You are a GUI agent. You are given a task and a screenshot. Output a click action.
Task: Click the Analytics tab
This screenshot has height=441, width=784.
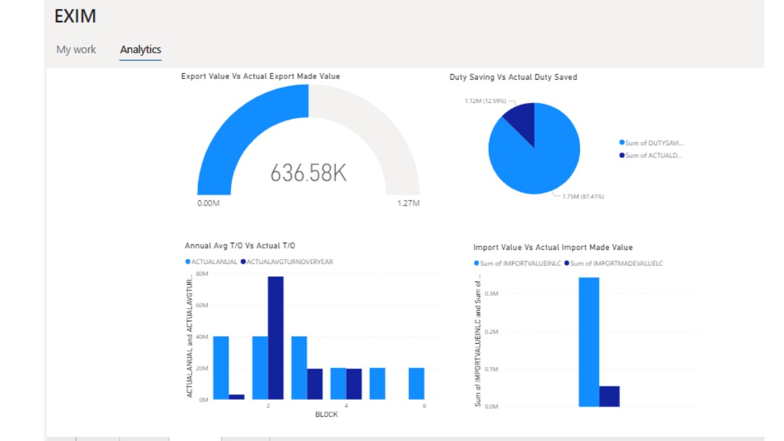pos(140,50)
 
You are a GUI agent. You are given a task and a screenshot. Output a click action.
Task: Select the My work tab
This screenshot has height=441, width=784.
pos(76,50)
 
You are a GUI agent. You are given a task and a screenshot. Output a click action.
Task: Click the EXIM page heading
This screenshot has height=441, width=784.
pos(75,17)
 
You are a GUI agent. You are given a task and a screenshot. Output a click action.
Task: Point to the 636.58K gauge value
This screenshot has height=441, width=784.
pos(308,173)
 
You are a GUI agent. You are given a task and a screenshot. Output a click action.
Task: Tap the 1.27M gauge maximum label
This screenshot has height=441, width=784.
pos(408,203)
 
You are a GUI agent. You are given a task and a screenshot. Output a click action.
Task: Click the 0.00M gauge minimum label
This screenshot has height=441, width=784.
pos(208,203)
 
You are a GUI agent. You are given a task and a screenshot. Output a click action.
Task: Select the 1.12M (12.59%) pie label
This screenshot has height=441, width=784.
pos(486,101)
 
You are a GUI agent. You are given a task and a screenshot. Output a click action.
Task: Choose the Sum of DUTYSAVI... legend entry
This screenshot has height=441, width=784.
pos(653,143)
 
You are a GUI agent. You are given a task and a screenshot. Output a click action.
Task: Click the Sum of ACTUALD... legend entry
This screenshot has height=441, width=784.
pos(653,156)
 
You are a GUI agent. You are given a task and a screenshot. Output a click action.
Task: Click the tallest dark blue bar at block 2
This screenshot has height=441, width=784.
pos(276,337)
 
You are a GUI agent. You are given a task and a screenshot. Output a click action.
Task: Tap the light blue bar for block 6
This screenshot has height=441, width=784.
pos(417,383)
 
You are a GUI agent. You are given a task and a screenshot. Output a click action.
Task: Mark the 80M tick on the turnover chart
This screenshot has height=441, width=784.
pos(202,274)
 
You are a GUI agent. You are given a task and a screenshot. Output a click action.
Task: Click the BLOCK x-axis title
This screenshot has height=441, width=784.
pos(326,414)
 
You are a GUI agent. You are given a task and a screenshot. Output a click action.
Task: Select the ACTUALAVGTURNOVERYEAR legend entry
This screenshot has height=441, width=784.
pos(289,262)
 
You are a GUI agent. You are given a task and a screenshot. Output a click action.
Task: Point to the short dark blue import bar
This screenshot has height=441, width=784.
pos(609,396)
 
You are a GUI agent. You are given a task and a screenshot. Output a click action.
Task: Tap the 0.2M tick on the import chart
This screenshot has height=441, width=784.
pos(491,331)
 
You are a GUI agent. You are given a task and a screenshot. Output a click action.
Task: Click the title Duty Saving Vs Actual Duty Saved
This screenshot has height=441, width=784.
pos(513,77)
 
